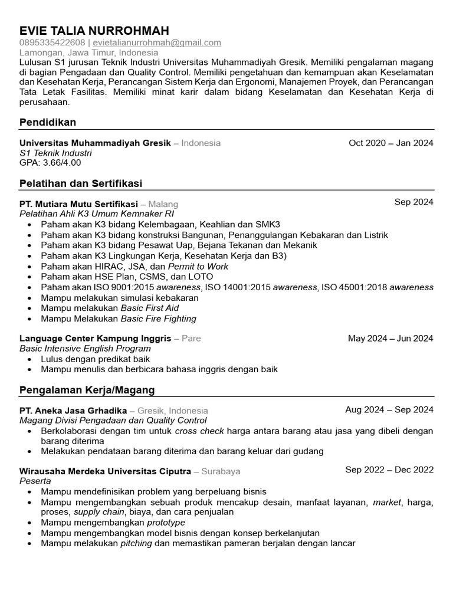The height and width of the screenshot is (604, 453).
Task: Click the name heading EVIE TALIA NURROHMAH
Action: [x=94, y=31]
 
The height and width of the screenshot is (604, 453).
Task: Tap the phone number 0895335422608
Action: [x=51, y=42]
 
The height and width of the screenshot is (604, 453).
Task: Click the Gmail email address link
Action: [x=157, y=42]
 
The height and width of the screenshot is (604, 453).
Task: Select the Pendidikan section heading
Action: [x=48, y=122]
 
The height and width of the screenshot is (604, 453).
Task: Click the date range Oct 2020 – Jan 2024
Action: [x=390, y=143]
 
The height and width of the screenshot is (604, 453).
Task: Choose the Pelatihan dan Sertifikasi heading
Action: [x=81, y=183]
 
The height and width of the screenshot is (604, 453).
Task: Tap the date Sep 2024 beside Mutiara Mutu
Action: [x=413, y=202]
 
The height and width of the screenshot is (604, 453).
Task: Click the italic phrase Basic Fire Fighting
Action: [x=158, y=319]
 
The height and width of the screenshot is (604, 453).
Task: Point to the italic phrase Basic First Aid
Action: [x=149, y=308]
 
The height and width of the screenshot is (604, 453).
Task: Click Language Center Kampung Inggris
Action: [x=96, y=339]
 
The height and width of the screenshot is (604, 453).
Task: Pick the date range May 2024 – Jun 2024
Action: [x=390, y=339]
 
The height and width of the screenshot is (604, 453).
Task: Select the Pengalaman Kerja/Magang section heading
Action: [x=87, y=390]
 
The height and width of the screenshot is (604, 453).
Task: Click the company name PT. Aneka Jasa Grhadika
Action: [x=73, y=411]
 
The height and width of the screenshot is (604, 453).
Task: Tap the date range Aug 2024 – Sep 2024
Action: [x=389, y=410]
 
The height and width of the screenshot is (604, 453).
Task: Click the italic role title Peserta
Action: [x=35, y=481]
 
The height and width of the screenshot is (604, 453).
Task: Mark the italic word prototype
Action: [x=166, y=523]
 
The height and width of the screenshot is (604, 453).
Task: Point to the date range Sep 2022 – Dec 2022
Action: [x=389, y=470]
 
